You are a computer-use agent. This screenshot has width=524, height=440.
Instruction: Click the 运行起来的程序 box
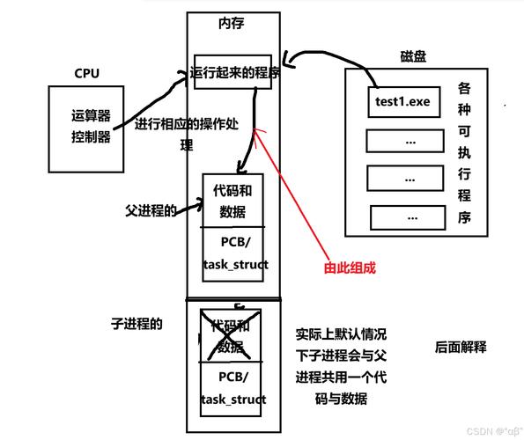235,74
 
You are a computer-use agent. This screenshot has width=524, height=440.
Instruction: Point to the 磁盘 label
388,56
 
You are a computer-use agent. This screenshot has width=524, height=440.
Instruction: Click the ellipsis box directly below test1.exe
403,141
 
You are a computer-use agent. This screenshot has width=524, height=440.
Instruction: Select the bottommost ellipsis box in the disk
408,216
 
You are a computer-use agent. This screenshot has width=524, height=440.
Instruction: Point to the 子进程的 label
137,324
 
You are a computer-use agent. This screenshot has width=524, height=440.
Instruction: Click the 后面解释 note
460,347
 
